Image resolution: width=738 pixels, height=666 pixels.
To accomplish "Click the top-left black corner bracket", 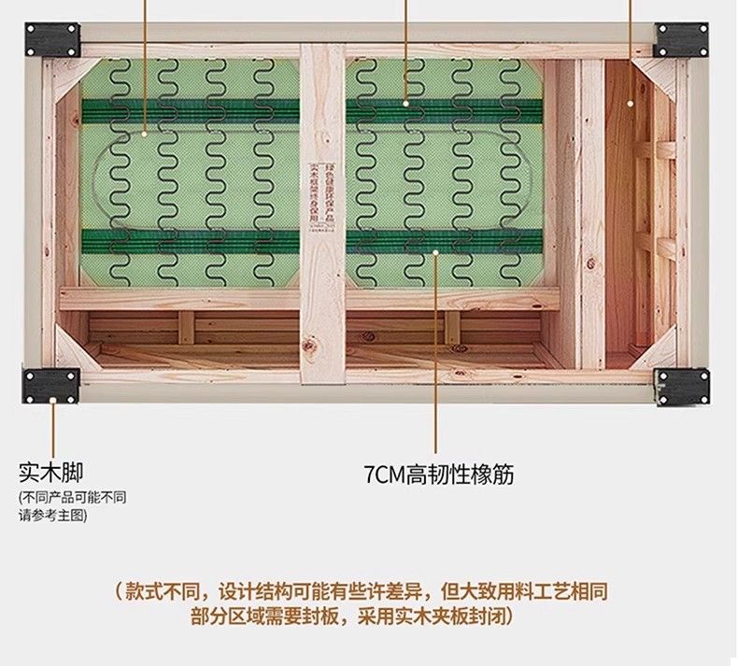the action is (x=52, y=39).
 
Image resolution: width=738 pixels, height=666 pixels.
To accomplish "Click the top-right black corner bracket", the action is (x=680, y=39).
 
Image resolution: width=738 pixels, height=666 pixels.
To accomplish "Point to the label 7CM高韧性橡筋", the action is (x=438, y=475).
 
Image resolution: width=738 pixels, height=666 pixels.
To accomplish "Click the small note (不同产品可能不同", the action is (x=72, y=497).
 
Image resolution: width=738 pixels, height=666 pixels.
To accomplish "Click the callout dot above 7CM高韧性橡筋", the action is (x=436, y=250).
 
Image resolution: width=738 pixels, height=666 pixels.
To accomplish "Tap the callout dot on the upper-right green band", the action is (x=406, y=102).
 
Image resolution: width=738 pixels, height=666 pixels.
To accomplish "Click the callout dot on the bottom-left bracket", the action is (x=55, y=398).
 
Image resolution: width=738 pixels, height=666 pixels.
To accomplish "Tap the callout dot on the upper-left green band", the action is (x=147, y=134).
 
